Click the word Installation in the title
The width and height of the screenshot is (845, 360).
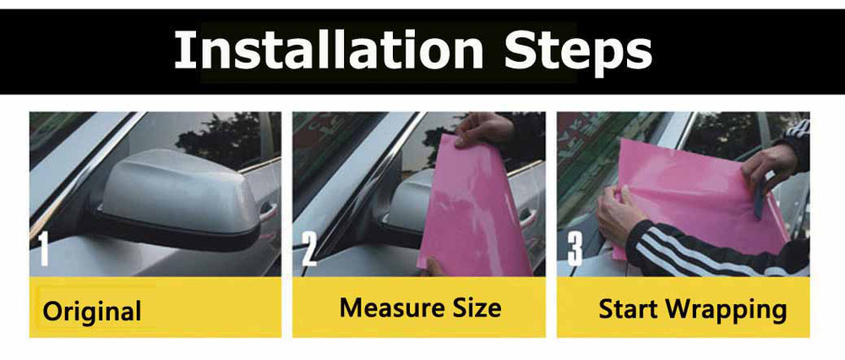[x=329, y=50]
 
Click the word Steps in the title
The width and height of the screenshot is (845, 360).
[x=578, y=52]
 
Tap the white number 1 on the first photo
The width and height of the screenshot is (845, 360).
[x=43, y=249]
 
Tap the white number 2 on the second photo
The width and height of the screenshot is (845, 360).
[x=308, y=249]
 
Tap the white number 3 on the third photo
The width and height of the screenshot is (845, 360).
[x=575, y=249]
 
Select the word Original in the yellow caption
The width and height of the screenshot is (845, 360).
[x=91, y=311]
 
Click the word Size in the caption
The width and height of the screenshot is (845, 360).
[x=478, y=308]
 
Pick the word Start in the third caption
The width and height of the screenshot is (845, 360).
[x=628, y=309]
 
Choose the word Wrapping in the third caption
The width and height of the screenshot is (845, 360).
[x=726, y=311]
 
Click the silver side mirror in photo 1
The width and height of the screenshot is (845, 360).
[x=177, y=194]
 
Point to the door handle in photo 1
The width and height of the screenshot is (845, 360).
[x=268, y=211]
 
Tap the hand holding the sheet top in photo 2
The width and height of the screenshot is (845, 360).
[x=482, y=129]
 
